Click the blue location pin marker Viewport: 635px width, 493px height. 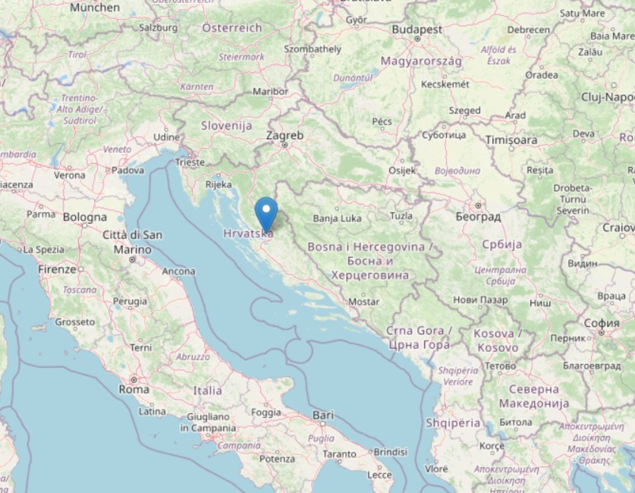tap(266, 210)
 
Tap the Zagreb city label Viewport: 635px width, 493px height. tap(284, 136)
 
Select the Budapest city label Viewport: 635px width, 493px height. tap(417, 29)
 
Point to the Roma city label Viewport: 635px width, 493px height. tap(134, 389)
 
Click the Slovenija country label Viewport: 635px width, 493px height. tap(226, 125)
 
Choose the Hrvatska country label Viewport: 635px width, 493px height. tap(248, 234)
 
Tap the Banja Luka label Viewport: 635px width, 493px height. tap(337, 218)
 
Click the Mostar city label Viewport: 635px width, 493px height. tap(363, 302)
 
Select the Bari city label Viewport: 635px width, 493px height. tap(322, 415)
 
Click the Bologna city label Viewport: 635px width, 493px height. tap(85, 217)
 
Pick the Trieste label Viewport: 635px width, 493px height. tap(190, 162)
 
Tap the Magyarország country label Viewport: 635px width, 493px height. tap(421, 61)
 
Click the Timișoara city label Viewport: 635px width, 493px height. tap(511, 140)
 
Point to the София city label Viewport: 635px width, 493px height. tap(602, 322)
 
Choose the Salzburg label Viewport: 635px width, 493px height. tap(158, 27)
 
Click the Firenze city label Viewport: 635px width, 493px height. tap(58, 269)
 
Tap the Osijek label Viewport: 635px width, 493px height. tap(402, 171)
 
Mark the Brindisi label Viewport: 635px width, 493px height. tap(390, 451)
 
